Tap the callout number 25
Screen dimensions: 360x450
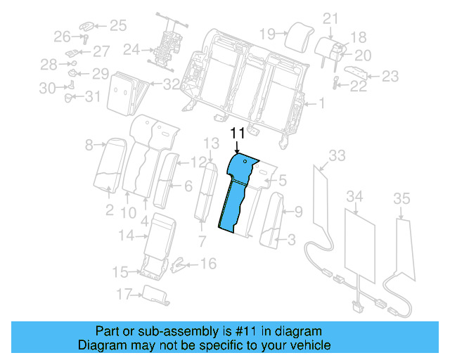[117, 26]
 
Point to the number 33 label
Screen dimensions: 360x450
[337, 155]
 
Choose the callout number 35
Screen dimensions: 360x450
[401, 199]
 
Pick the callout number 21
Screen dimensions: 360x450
[330, 18]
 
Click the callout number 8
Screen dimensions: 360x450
[89, 146]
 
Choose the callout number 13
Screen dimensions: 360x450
[212, 143]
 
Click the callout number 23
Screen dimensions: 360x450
[390, 76]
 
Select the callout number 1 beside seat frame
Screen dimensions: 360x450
[321, 104]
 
